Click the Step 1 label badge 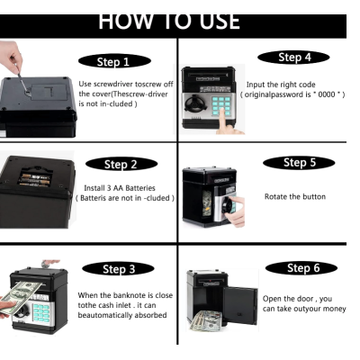pyautogui.click(x=114, y=61)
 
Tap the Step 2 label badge pyautogui.click(x=121, y=164)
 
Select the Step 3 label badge pyautogui.click(x=118, y=269)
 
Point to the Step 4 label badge pyautogui.click(x=293, y=58)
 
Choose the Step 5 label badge pyautogui.click(x=299, y=163)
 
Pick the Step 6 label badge pyautogui.click(x=301, y=268)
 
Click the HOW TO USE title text pyautogui.click(x=169, y=22)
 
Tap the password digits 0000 pyautogui.click(x=327, y=94)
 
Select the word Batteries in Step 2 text pyautogui.click(x=140, y=188)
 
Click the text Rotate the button pyautogui.click(x=295, y=197)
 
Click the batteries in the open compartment pyautogui.click(x=35, y=179)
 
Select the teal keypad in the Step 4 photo pyautogui.click(x=221, y=105)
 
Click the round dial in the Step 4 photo pyautogui.click(x=194, y=103)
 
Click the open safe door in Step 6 pyautogui.click(x=240, y=305)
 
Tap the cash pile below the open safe pyautogui.click(x=206, y=321)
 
